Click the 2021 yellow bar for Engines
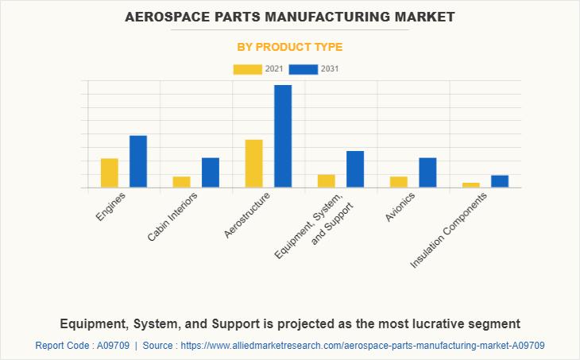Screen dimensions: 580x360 click(x=110, y=172)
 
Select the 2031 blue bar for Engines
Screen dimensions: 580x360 click(x=138, y=161)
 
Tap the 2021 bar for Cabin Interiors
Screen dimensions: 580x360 click(x=182, y=182)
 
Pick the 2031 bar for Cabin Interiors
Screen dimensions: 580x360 click(x=211, y=172)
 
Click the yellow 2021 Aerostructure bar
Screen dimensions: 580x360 click(x=254, y=164)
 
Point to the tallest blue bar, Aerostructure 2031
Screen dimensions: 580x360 click(x=283, y=136)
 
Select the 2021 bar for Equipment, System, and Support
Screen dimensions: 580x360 click(x=327, y=181)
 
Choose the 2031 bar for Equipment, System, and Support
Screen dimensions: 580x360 click(x=355, y=169)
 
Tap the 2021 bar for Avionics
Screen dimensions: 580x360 click(x=399, y=182)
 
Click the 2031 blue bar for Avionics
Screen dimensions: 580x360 click(x=427, y=172)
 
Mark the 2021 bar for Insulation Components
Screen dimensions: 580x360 click(x=471, y=185)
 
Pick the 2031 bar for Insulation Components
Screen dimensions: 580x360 click(x=500, y=181)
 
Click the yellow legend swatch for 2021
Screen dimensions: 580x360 click(x=247, y=69)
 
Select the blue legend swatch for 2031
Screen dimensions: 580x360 click(x=304, y=69)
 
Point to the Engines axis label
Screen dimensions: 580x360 click(x=110, y=207)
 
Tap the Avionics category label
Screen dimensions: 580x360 click(x=400, y=207)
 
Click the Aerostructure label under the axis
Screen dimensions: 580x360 click(x=247, y=215)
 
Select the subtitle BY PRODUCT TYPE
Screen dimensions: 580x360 click(x=290, y=47)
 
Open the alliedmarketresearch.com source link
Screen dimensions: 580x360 click(x=362, y=346)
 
